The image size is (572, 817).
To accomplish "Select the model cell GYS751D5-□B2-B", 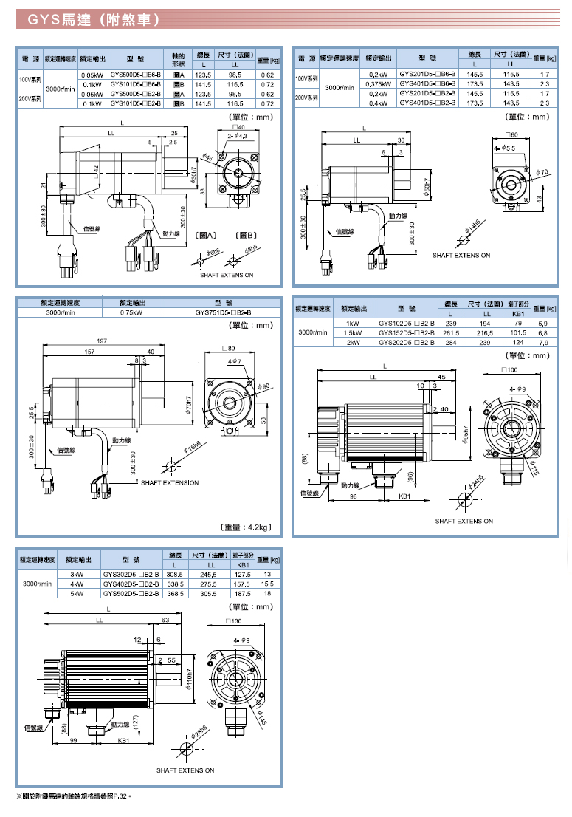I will coord(224,312).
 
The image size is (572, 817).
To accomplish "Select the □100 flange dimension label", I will coord(509,369).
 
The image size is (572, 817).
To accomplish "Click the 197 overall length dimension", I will coord(102,341).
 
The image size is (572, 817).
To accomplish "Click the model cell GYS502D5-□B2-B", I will coord(131,592).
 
